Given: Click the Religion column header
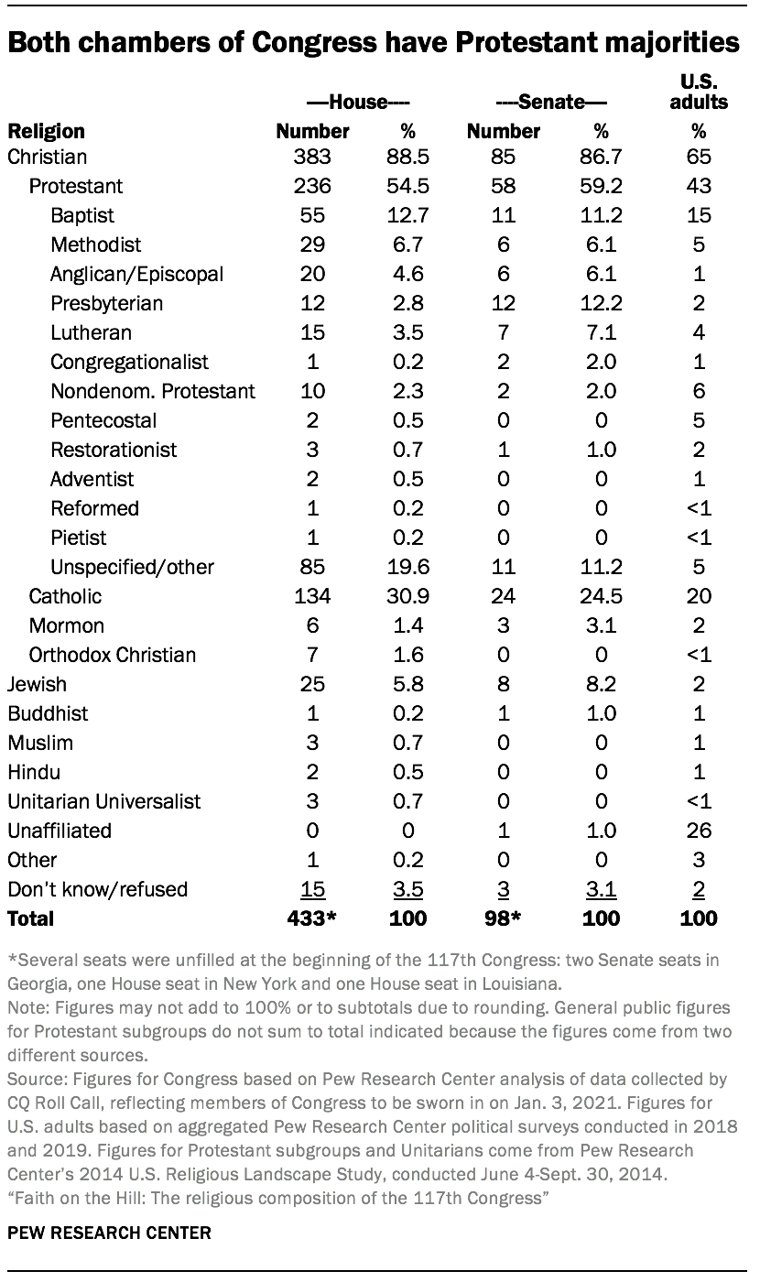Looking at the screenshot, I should click(46, 131).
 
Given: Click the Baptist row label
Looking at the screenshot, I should click(82, 215).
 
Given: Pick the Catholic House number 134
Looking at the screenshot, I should click(313, 596).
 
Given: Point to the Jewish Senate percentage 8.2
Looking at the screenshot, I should click(601, 684).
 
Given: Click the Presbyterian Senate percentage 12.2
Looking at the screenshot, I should click(601, 303).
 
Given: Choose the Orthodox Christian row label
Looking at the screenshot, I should click(113, 655).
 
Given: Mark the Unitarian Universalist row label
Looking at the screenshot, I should click(104, 801).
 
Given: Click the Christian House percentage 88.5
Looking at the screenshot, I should click(407, 157).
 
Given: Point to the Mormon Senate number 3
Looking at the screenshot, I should click(503, 625).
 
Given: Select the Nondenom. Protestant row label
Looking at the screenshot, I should click(153, 391).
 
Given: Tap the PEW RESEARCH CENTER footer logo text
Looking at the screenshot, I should click(109, 1233).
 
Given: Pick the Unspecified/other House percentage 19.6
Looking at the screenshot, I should click(407, 567).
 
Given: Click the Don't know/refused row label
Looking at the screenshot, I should click(97, 889).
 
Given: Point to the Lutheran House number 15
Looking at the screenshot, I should click(313, 332).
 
